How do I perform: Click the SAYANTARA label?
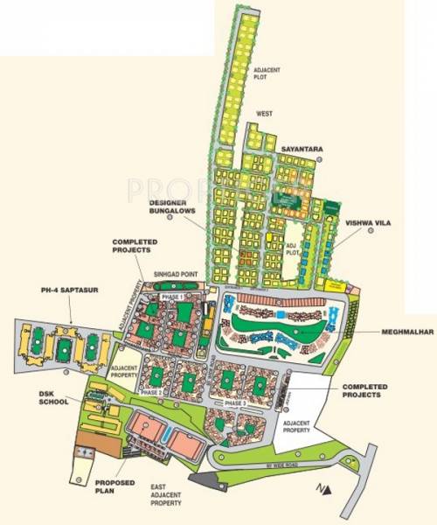(302, 150)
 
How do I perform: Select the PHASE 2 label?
(150, 394)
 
